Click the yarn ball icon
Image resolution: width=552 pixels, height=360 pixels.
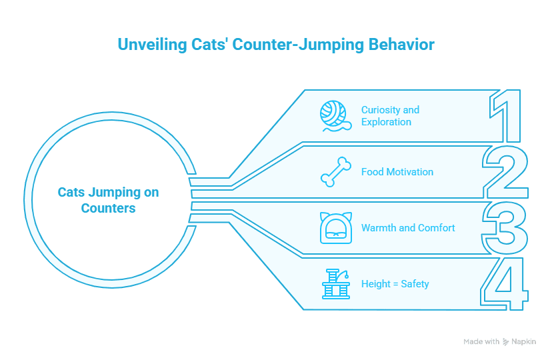coord(335,116)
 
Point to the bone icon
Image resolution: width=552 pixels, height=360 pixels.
coord(336,172)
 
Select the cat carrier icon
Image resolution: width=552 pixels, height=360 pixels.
coord(336,228)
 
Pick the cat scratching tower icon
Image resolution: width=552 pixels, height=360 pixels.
coord(336,284)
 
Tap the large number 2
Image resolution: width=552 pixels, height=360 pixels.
coord(505,172)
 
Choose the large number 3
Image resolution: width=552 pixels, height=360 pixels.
coord(505,228)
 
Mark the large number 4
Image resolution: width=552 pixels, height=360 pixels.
coord(505,284)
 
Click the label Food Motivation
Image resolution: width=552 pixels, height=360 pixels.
coord(397,172)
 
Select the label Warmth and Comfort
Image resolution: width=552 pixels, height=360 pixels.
coord(408,228)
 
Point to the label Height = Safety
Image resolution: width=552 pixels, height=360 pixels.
coord(395,284)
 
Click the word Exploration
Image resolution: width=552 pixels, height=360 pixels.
coord(386,122)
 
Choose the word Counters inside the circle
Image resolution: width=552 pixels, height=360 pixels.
coord(108,208)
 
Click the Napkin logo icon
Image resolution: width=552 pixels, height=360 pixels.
coord(505,342)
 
